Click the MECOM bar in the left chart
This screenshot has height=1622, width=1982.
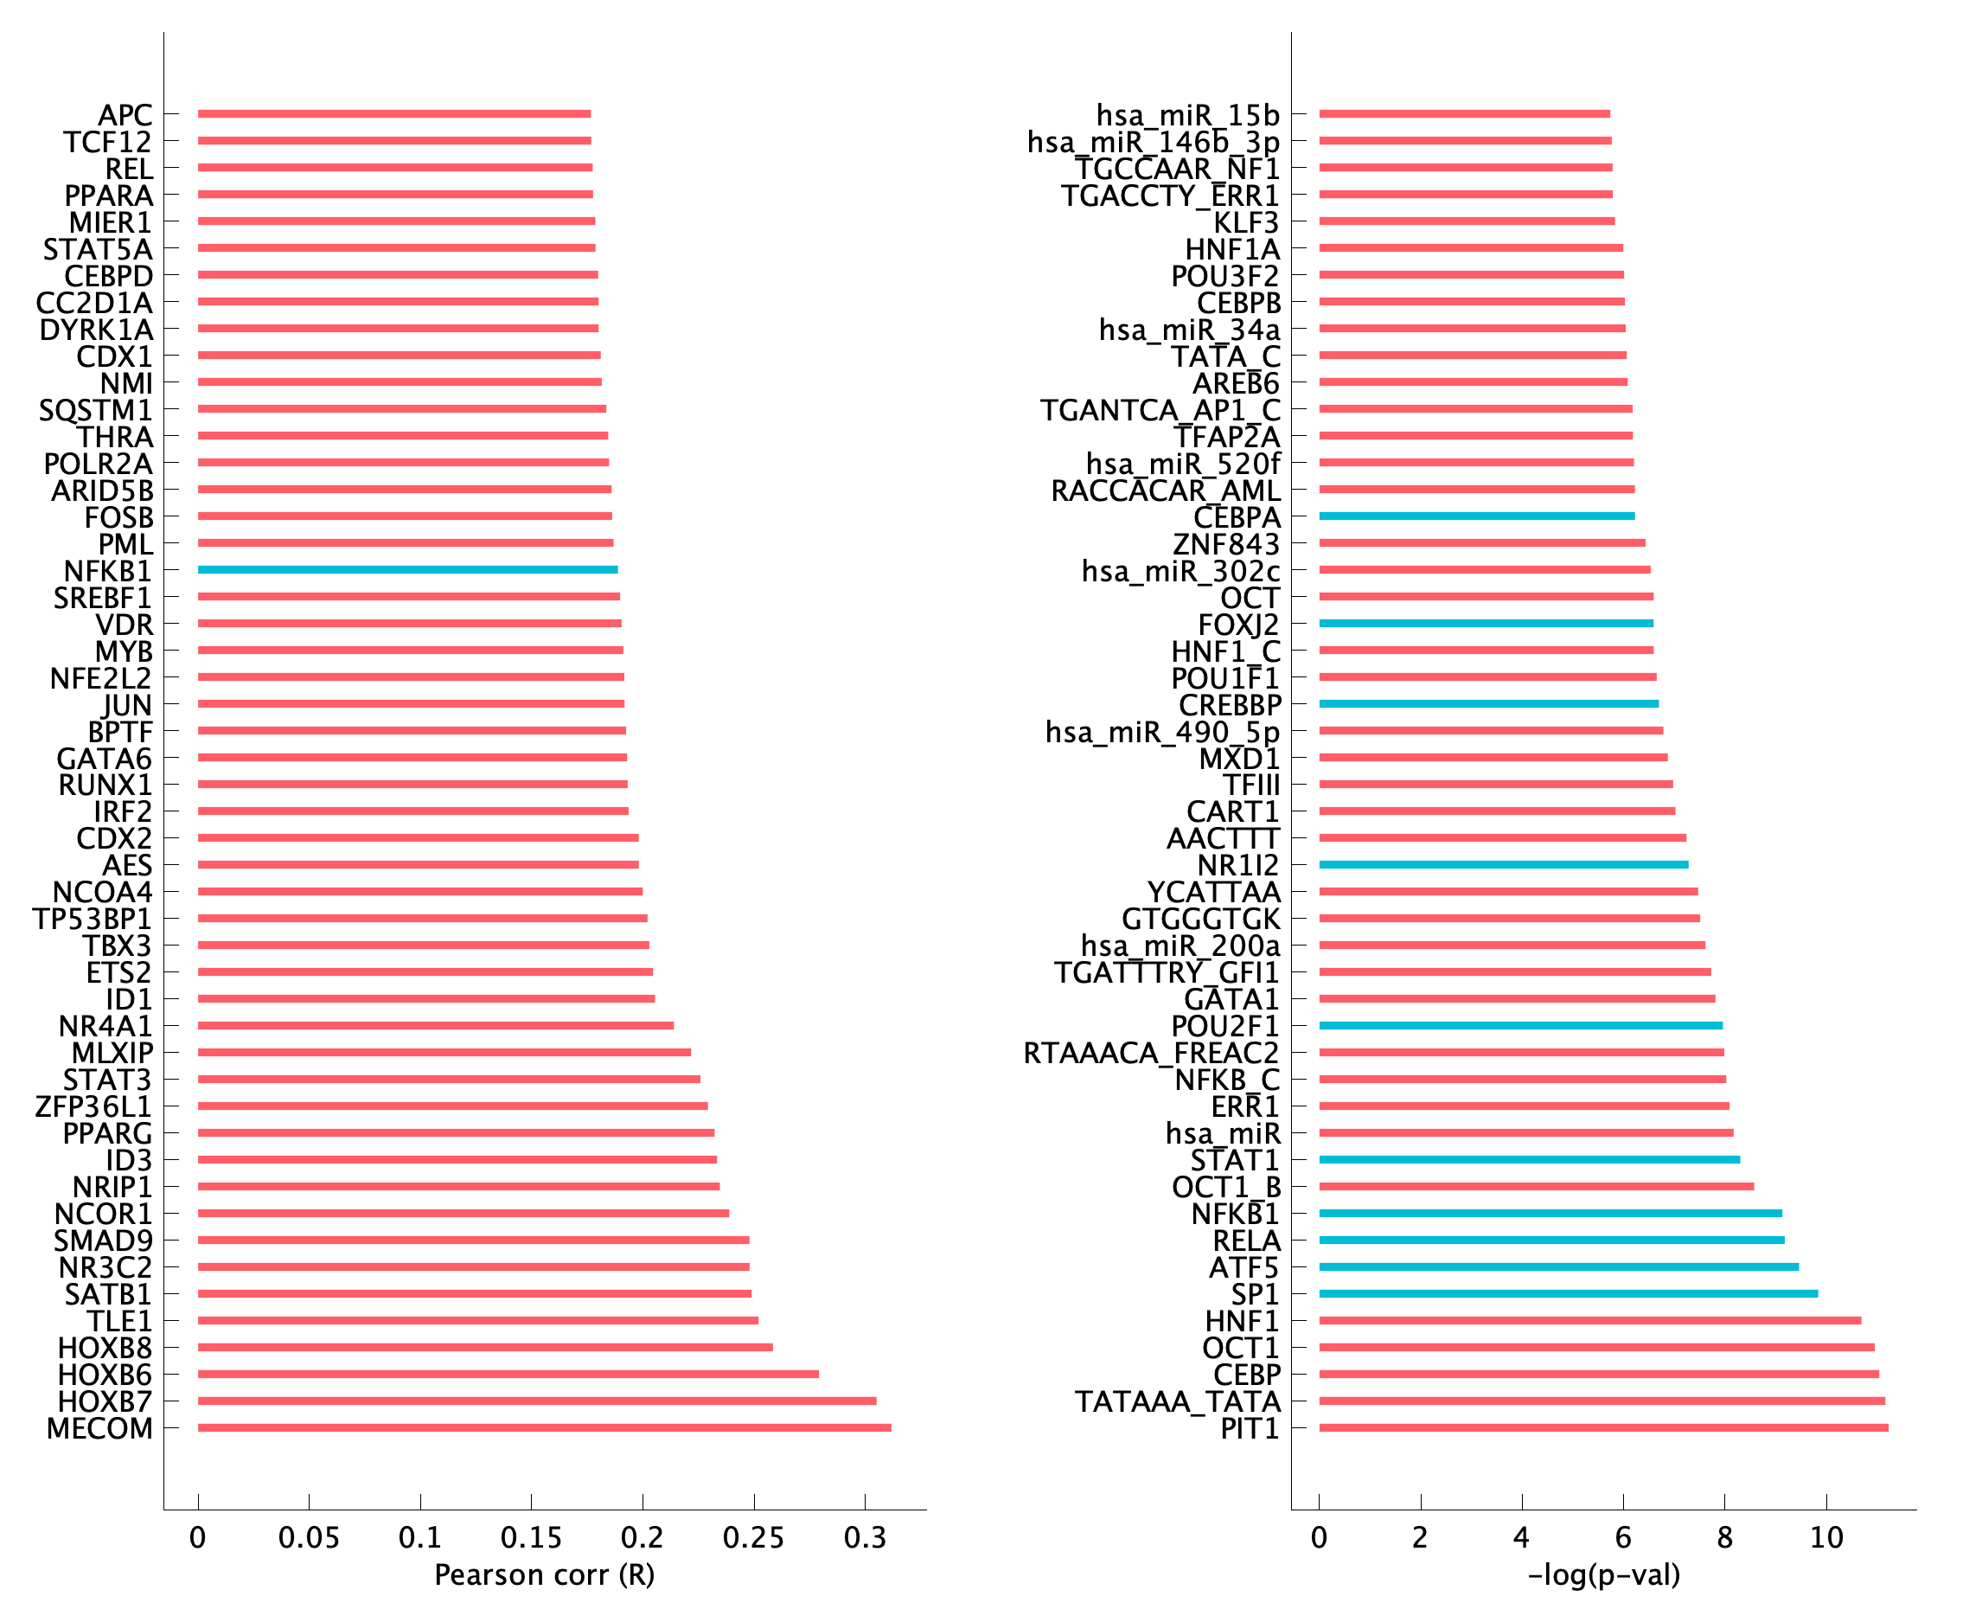pyautogui.click(x=544, y=1427)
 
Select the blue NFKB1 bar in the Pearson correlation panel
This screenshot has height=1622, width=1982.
pyautogui.click(x=407, y=570)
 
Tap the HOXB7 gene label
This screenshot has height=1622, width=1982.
pyautogui.click(x=105, y=1401)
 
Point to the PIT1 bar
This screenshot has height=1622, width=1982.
pyautogui.click(x=1602, y=1427)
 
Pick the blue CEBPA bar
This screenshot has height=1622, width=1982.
pyautogui.click(x=1476, y=516)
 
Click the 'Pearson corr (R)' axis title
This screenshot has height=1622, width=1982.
pyautogui.click(x=545, y=1574)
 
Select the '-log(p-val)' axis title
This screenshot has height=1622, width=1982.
pyautogui.click(x=1604, y=1574)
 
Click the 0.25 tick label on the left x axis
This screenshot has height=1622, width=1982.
pyautogui.click(x=754, y=1537)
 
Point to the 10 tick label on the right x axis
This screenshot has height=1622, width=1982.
pyautogui.click(x=1826, y=1537)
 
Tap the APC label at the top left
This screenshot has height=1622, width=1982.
pyautogui.click(x=125, y=115)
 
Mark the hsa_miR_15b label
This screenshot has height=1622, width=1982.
pyautogui.click(x=1187, y=115)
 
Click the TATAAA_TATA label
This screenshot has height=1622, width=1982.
pyautogui.click(x=1177, y=1401)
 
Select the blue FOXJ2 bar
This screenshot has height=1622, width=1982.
pyautogui.click(x=1485, y=623)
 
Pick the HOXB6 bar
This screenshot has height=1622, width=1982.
pyautogui.click(x=508, y=1375)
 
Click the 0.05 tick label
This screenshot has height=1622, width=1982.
pyautogui.click(x=310, y=1537)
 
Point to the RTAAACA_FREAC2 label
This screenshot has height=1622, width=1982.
pyautogui.click(x=1151, y=1053)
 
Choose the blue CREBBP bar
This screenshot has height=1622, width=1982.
pyautogui.click(x=1488, y=703)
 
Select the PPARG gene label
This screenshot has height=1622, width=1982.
pyautogui.click(x=107, y=1133)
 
